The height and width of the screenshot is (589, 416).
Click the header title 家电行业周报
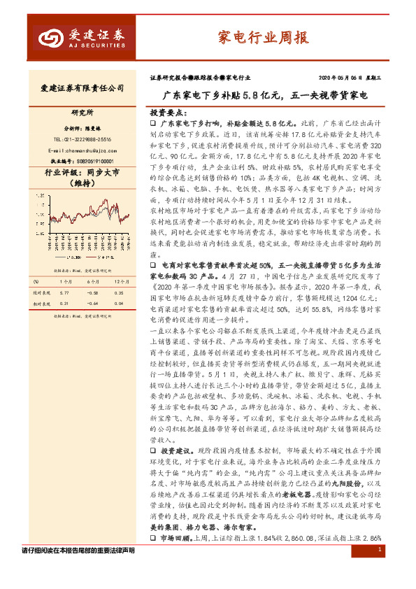click(x=264, y=38)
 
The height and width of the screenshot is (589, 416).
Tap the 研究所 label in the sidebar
click(x=82, y=112)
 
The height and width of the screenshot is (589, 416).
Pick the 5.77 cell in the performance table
click(x=65, y=292)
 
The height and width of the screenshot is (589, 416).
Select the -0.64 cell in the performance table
click(x=92, y=304)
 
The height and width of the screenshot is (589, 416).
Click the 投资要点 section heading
click(x=166, y=111)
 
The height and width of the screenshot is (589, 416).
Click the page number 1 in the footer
click(x=378, y=571)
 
